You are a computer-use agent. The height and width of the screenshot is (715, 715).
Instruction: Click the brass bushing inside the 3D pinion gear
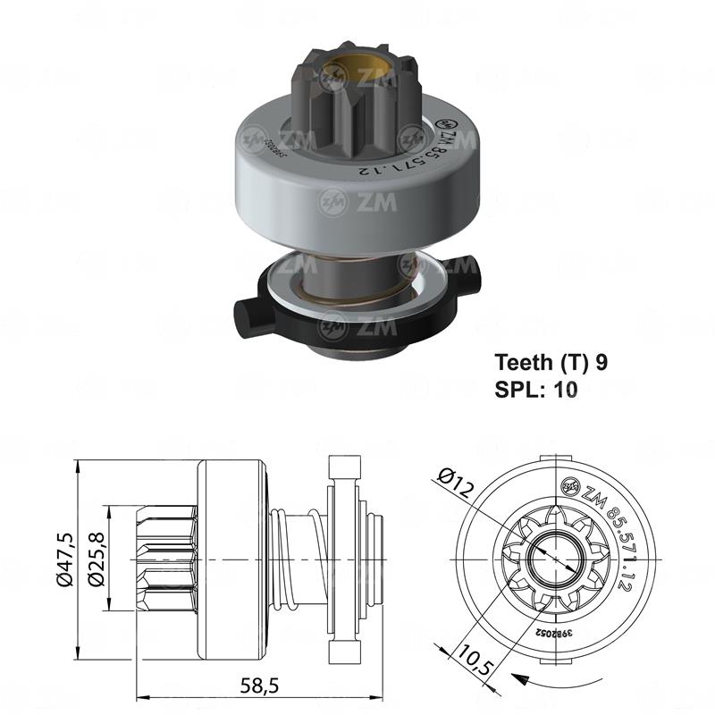tap(356, 71)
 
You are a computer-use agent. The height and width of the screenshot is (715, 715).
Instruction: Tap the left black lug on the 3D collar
tap(252, 315)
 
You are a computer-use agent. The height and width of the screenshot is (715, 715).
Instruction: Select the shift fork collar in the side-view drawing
tap(345, 559)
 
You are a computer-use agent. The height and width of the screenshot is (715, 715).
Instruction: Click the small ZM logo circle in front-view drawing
tap(568, 486)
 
